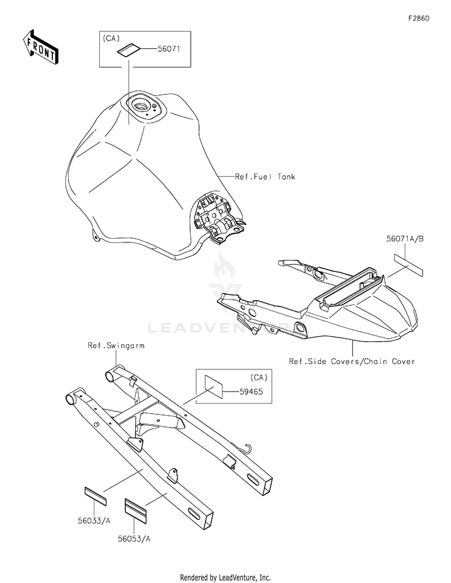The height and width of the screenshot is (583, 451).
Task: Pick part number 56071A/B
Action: pos(405,239)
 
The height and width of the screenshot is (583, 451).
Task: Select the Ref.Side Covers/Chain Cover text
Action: pos(352,362)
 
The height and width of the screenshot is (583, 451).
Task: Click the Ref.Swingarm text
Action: pos(116,346)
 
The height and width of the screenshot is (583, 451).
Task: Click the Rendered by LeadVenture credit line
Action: pos(225,577)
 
